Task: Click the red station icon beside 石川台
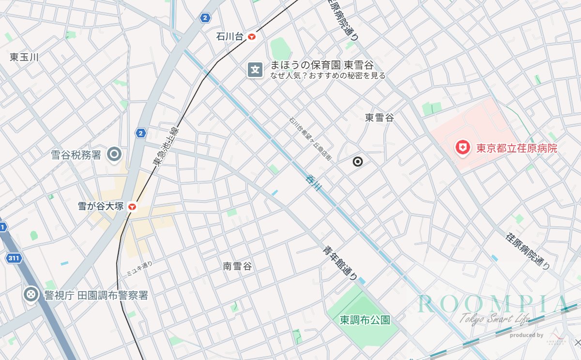click(252, 37)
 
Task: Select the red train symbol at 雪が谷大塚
click(132, 207)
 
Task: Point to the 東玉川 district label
click(24, 57)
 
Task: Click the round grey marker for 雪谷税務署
click(115, 155)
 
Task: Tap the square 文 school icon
click(255, 70)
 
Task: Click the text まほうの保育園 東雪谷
click(322, 65)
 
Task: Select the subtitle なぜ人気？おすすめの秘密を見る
click(328, 76)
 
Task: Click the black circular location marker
click(358, 162)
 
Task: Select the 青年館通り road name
click(341, 263)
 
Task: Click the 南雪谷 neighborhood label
click(237, 266)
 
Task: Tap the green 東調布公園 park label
click(365, 320)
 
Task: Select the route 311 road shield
click(14, 258)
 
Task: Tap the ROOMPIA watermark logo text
click(493, 304)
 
